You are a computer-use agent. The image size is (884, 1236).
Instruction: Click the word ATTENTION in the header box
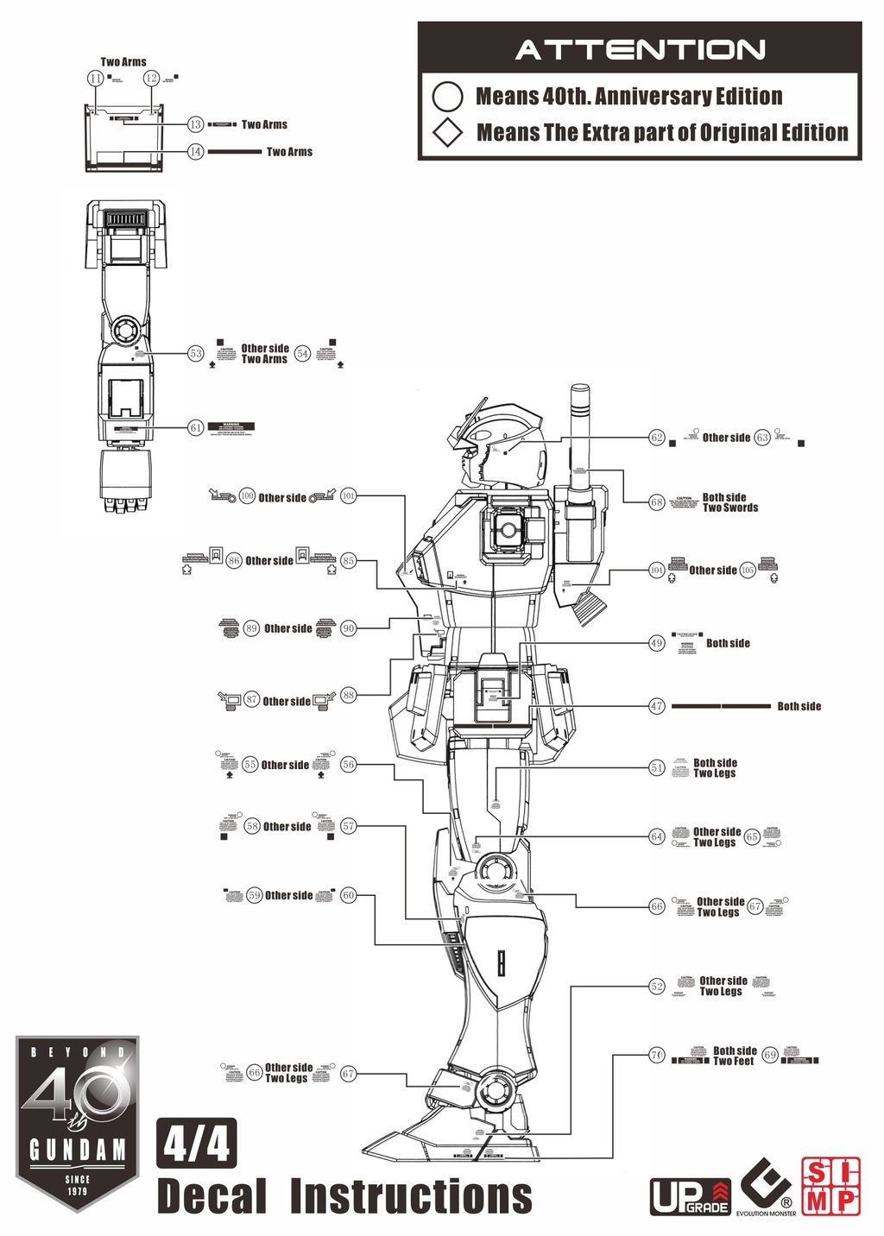pyautogui.click(x=640, y=50)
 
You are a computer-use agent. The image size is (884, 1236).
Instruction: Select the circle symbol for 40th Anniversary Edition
pyautogui.click(x=447, y=96)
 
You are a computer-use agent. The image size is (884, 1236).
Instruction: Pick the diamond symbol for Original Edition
pyautogui.click(x=447, y=133)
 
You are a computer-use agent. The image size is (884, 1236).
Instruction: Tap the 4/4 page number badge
pyautogui.click(x=197, y=1144)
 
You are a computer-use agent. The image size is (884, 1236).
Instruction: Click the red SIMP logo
pyautogui.click(x=830, y=1186)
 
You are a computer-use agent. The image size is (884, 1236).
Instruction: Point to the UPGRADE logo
pyautogui.click(x=690, y=1196)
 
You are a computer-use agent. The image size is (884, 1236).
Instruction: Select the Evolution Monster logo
pyautogui.click(x=765, y=1187)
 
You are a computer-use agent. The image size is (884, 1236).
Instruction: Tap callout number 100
pyautogui.click(x=247, y=496)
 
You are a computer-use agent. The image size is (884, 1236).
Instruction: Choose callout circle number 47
pyautogui.click(x=657, y=706)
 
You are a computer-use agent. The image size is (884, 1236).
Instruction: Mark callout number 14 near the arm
pyautogui.click(x=196, y=152)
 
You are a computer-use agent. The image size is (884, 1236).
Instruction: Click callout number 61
pyautogui.click(x=196, y=427)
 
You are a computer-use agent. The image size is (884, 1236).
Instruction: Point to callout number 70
pyautogui.click(x=657, y=1055)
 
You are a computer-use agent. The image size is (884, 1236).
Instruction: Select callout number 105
pyautogui.click(x=748, y=571)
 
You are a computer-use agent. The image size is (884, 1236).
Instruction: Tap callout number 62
pyautogui.click(x=657, y=438)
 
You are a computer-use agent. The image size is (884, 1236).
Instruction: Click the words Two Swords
pyautogui.click(x=730, y=508)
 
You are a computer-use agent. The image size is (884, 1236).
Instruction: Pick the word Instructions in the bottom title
pyautogui.click(x=411, y=1196)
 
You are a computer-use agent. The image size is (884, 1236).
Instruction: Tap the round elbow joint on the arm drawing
pyautogui.click(x=124, y=329)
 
